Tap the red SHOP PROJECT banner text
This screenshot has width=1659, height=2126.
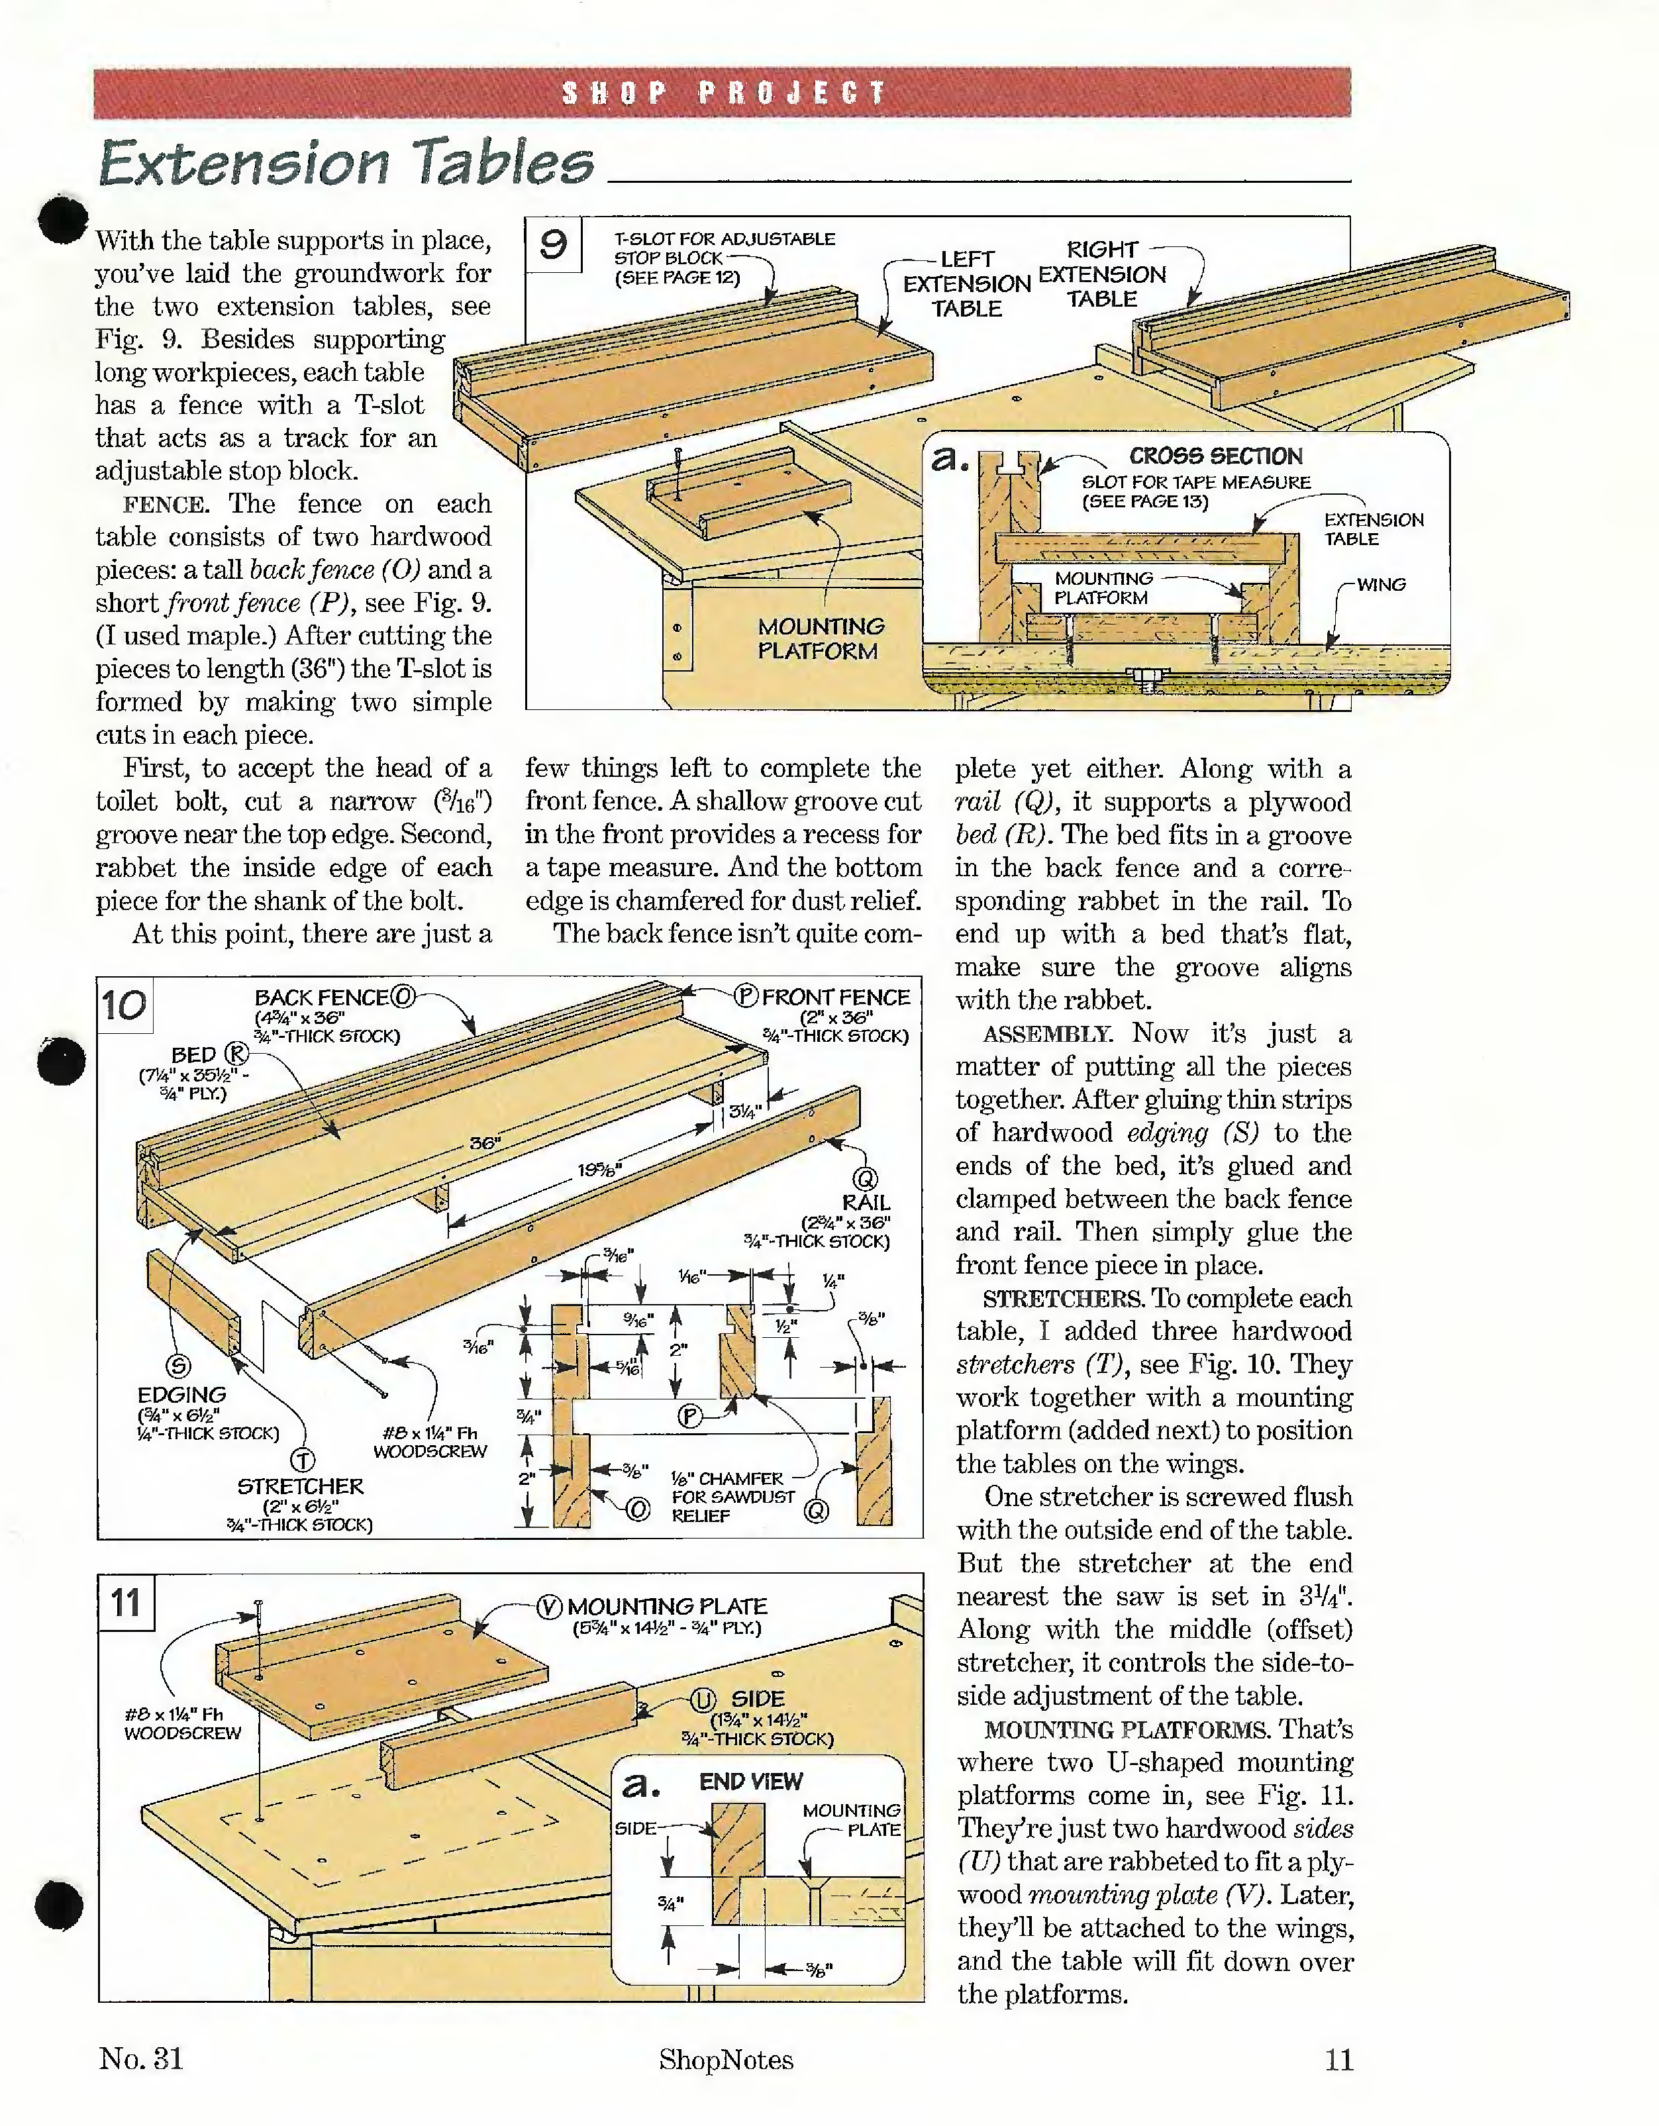click(x=723, y=93)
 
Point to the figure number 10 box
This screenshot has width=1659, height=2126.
click(x=125, y=1005)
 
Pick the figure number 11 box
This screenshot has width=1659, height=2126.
click(x=126, y=1601)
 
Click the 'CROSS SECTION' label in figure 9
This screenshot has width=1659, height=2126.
click(x=1215, y=456)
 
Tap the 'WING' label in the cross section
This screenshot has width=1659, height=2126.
click(x=1381, y=584)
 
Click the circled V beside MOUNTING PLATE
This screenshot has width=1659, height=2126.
click(x=550, y=1606)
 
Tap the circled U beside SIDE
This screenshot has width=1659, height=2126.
click(x=703, y=1699)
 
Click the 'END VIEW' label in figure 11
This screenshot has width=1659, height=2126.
click(x=750, y=1782)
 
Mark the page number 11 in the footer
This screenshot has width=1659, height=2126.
click(x=1338, y=2059)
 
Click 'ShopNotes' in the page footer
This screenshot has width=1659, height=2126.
click(x=725, y=2060)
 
